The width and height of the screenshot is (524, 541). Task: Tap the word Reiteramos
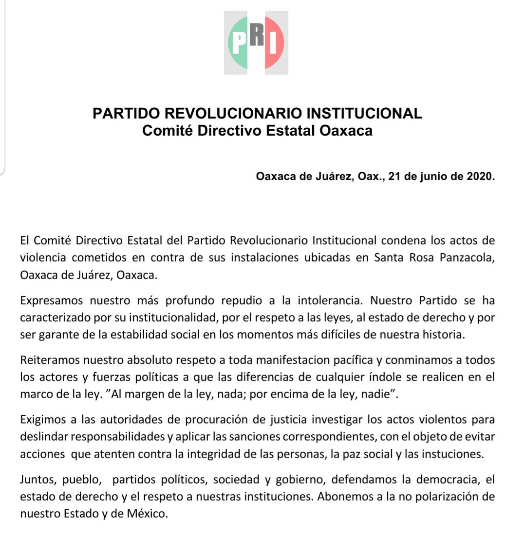click(48, 361)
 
